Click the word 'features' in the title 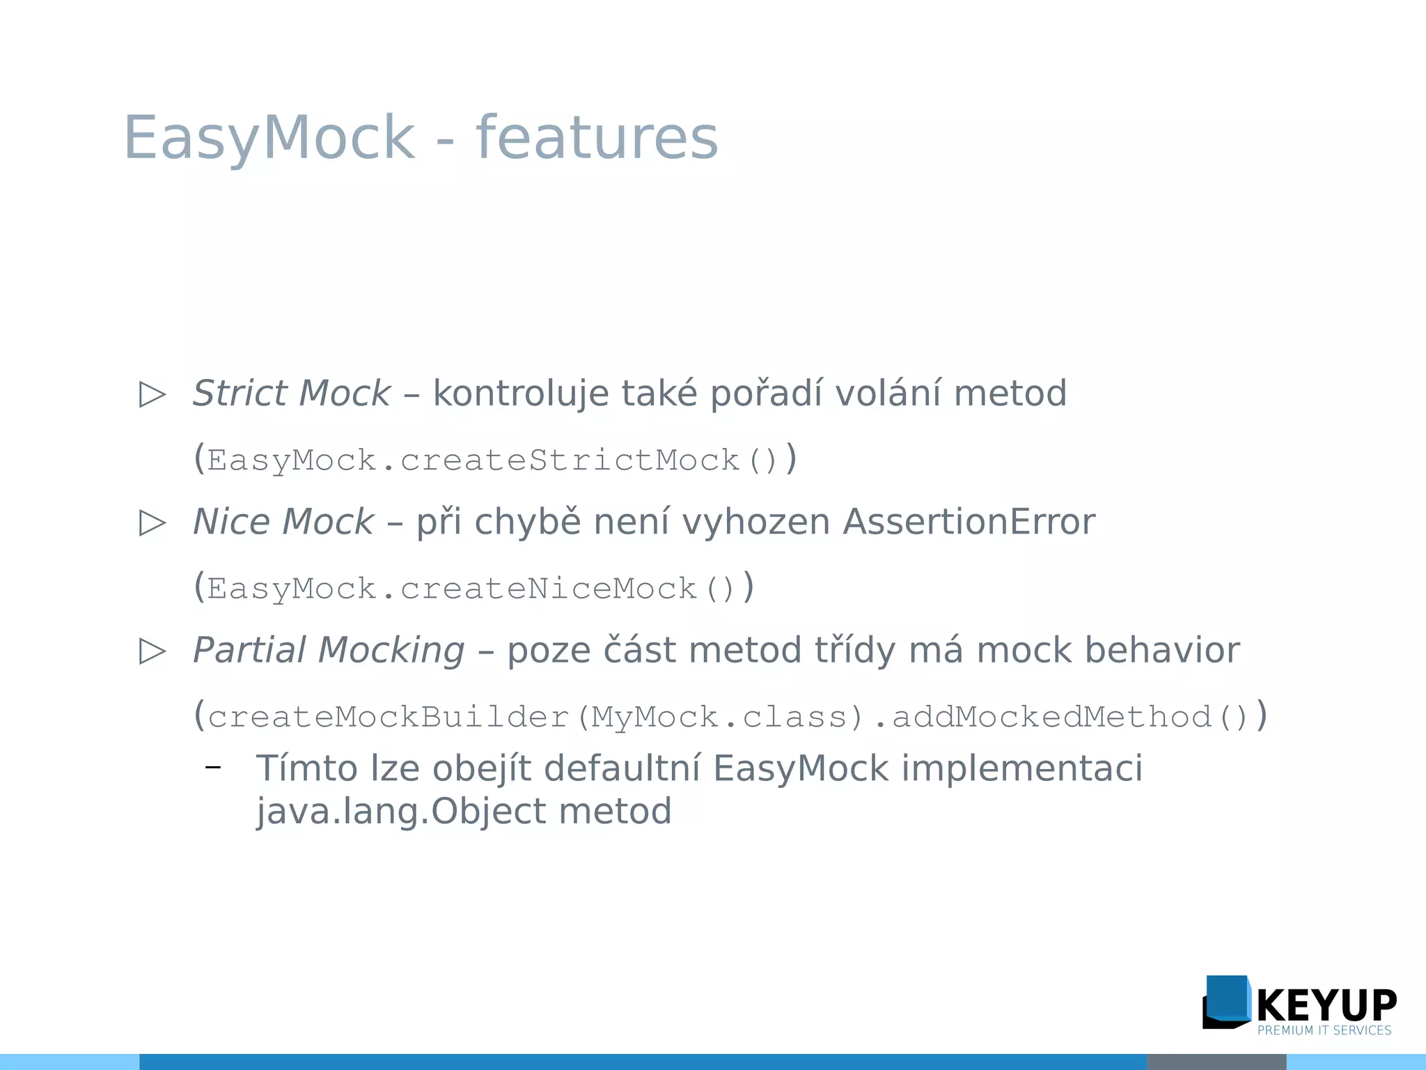coord(597,137)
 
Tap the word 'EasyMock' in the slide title coord(269,137)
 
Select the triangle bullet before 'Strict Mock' coord(152,394)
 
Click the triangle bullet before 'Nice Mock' coord(152,523)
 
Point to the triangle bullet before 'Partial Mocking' coord(152,651)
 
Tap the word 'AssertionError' coord(969,522)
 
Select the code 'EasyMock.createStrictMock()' coord(492,460)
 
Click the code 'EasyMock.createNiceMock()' coord(471,589)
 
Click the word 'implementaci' coord(1022,768)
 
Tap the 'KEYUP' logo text coord(1326,1005)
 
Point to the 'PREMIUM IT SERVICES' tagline coord(1324,1030)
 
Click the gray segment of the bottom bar coord(1216,1062)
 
